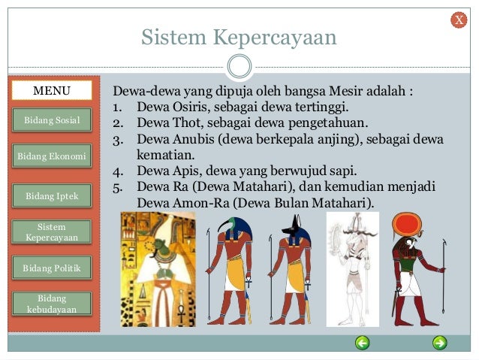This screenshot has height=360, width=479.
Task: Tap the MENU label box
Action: coord(52,91)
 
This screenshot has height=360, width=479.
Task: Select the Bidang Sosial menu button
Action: coord(52,119)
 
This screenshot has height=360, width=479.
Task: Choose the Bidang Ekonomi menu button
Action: coord(52,157)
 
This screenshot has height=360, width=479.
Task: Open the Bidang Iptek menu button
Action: coord(52,196)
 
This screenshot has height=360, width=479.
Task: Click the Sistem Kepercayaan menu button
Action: coord(52,231)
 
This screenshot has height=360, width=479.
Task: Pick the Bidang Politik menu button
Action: coord(52,268)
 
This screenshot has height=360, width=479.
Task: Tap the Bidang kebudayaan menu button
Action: coord(52,304)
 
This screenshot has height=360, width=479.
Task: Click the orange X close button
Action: coord(458,20)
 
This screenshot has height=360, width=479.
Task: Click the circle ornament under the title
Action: coord(239,66)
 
